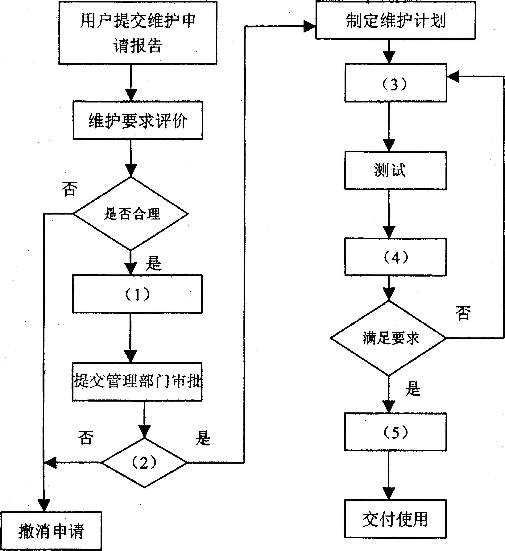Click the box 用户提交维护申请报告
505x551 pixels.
tap(138, 33)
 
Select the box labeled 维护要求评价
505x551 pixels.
tap(138, 120)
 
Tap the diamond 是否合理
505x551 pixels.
tap(131, 213)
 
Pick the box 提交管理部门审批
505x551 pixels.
tap(137, 382)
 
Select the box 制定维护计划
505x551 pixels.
tap(395, 20)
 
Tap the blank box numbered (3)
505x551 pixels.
tap(395, 83)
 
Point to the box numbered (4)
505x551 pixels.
tap(395, 257)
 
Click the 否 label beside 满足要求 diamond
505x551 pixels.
tap(463, 313)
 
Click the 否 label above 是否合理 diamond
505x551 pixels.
tap(69, 189)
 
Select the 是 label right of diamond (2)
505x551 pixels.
tap(203, 438)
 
